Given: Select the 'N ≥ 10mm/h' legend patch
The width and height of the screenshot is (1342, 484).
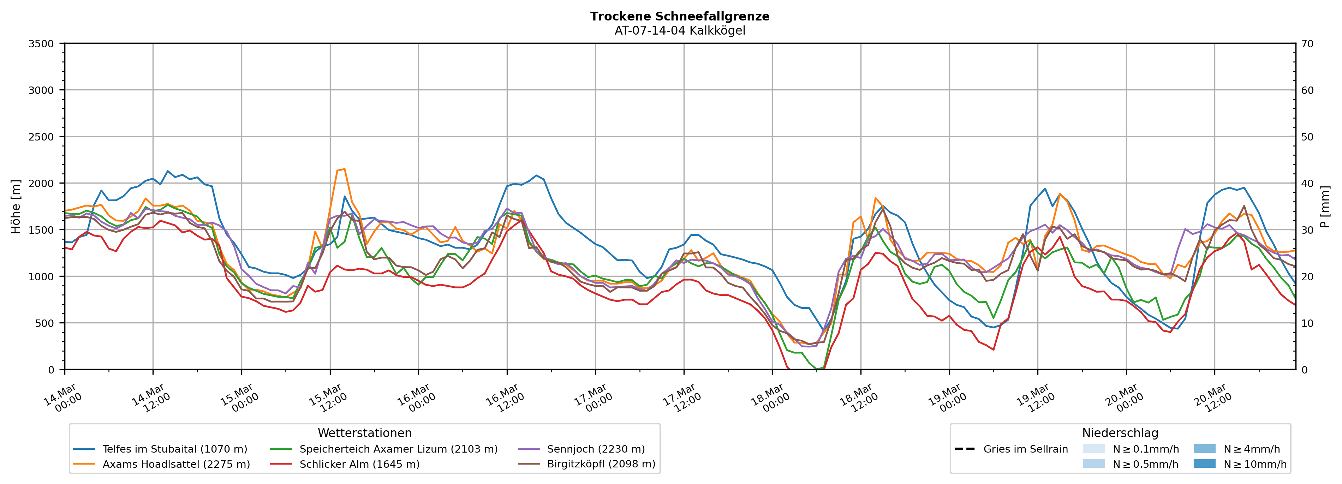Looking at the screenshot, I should pos(1204,464).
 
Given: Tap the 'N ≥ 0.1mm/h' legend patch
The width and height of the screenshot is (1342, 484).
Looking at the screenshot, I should pos(1093,449).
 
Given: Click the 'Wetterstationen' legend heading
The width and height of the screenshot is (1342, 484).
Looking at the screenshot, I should pos(365,433).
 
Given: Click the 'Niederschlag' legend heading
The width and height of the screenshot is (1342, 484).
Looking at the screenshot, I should pos(1120,433).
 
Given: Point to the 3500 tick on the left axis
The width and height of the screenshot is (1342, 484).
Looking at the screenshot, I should pos(41,44).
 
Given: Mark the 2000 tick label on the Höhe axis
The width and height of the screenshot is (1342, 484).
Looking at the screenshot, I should pos(41,183).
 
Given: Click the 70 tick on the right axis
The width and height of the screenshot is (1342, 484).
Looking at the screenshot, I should pos(1307,44).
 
